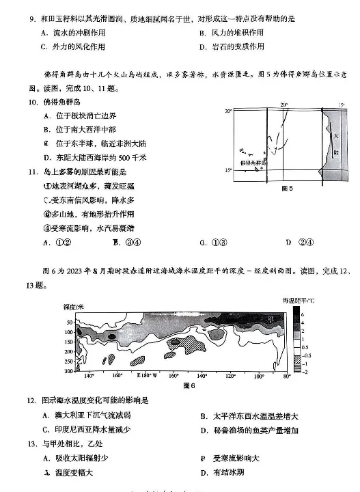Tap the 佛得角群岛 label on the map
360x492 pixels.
(250, 163)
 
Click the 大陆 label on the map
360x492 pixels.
(335, 141)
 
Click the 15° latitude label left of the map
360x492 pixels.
(229, 170)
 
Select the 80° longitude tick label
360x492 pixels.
(287, 377)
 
